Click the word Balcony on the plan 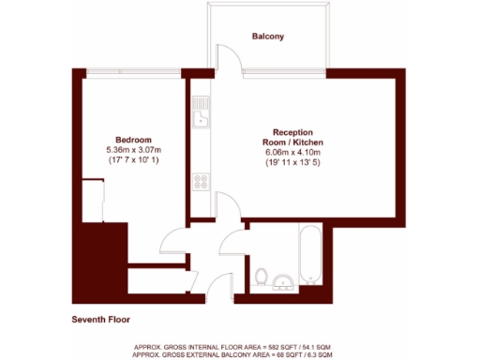point(267,37)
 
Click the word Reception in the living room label point(292,132)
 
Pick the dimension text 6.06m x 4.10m point(292,153)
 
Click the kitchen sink point(199,118)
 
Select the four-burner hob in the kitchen point(200,182)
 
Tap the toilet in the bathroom point(262,277)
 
